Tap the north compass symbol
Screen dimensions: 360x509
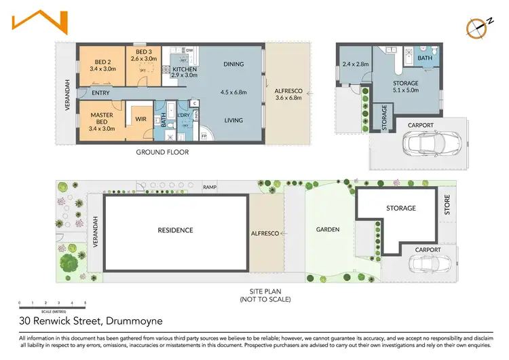478,25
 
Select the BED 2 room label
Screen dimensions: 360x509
100,65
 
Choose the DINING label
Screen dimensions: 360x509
233,65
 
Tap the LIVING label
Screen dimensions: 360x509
233,120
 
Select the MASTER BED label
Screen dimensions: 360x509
102,120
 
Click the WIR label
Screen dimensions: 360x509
140,120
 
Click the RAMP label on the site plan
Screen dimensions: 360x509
210,187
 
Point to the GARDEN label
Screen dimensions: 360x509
327,230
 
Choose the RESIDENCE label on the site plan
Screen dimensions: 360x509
176,230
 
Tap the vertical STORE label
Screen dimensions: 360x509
447,206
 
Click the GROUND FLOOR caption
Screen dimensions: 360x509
162,152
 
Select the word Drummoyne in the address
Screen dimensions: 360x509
134,321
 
